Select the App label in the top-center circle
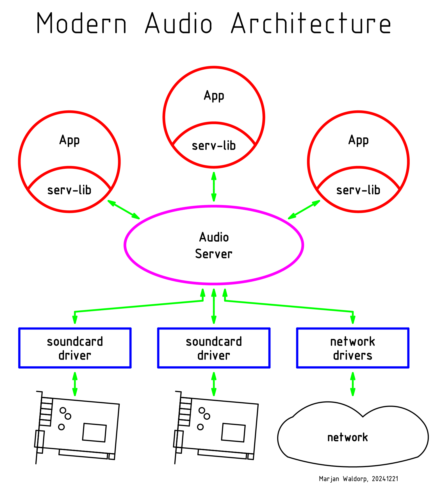coord(214,96)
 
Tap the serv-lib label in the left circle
coord(69,190)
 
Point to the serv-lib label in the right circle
coord(358,190)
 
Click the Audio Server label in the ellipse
coord(214,245)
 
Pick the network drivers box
coord(353,348)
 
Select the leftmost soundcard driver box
coord(75,348)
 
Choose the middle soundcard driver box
coord(214,348)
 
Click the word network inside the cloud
coord(348,437)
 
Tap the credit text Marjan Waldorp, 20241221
coord(359,479)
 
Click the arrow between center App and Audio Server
coord(214,187)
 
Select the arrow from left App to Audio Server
coord(124,210)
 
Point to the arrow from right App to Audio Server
coord(304,210)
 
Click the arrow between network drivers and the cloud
coord(353,384)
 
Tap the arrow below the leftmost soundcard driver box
coord(75,384)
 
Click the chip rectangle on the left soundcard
coord(94,433)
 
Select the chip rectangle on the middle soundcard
coord(233,433)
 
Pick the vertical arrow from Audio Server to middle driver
coord(214,306)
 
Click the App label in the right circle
coord(358,140)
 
